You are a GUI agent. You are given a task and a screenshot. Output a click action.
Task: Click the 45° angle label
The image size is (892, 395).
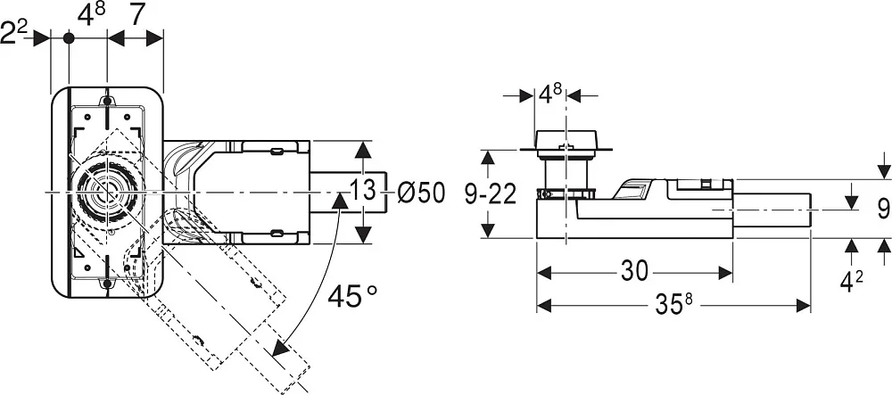(352, 296)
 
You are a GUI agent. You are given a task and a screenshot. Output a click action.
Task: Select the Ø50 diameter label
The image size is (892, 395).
(421, 193)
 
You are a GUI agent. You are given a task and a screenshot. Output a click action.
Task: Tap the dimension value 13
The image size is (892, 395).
(362, 191)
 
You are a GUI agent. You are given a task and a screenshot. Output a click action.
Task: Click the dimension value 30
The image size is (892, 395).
(635, 272)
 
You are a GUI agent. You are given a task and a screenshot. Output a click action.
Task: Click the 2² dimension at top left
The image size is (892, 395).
(14, 33)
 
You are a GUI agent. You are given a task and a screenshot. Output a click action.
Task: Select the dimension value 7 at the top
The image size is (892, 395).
(136, 16)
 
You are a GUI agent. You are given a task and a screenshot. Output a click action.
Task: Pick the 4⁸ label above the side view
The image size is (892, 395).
(549, 94)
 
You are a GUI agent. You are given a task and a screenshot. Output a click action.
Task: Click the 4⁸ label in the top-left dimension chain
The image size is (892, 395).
(91, 15)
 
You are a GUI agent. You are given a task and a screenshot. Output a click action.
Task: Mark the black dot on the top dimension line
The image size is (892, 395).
(69, 38)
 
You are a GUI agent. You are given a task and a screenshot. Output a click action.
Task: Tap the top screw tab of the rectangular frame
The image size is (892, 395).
(107, 101)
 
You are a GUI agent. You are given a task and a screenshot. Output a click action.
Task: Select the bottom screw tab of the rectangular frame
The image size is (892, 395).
(107, 283)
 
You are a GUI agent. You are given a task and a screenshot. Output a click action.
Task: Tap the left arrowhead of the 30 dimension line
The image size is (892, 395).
(545, 273)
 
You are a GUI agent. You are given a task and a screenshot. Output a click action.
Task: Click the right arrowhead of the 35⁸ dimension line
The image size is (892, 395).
(803, 306)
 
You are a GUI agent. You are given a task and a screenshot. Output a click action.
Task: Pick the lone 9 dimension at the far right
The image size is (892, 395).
(882, 209)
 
